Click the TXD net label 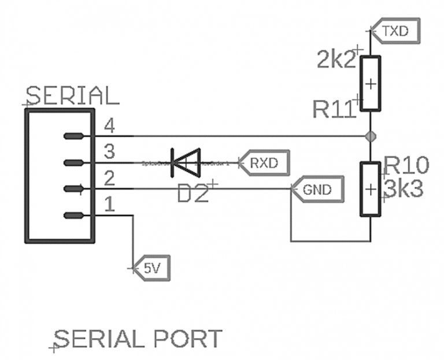tap(395, 31)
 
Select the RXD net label tap(263, 163)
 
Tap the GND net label tap(316, 188)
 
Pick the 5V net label tap(151, 268)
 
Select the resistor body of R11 tap(370, 83)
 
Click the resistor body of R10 tap(370, 189)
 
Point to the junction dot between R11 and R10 tap(370, 136)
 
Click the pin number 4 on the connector tap(109, 125)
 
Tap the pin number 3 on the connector tap(109, 152)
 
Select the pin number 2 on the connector tap(109, 178)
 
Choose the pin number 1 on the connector tap(109, 204)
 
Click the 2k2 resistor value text tap(336, 60)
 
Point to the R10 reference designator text tap(406, 166)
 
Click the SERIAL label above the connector tap(73, 95)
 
